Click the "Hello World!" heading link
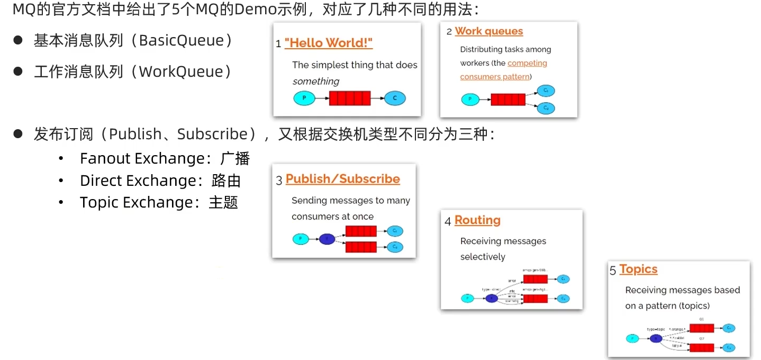(328, 43)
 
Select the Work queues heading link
(488, 31)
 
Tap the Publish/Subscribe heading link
(342, 179)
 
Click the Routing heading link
(477, 220)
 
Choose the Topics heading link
(638, 269)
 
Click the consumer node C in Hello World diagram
(395, 98)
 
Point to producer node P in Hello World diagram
(304, 98)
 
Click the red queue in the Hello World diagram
(349, 98)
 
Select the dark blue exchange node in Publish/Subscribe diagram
(327, 239)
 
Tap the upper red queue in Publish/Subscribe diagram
(361, 231)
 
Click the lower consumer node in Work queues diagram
(546, 108)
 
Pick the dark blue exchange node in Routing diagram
(492, 298)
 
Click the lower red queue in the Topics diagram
(702, 348)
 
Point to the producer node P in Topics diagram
(632, 338)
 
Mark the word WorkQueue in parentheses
(181, 72)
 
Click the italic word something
(316, 82)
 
